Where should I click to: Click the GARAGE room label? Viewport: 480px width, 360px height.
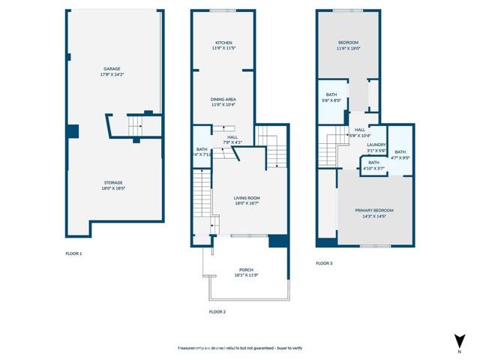112,69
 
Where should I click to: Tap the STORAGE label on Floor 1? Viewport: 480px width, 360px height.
113,182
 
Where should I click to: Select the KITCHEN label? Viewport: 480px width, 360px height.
223,43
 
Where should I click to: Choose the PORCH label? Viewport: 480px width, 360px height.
247,270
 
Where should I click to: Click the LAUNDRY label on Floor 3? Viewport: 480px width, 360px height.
376,145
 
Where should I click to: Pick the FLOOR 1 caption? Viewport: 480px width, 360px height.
73,253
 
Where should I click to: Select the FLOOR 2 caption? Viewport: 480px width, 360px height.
217,311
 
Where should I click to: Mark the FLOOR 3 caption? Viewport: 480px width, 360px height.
324,263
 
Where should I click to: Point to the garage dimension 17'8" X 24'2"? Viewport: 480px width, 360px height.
112,74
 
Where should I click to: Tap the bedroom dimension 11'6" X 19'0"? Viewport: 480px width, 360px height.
347,49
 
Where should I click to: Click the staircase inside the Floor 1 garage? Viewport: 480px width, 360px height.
136,125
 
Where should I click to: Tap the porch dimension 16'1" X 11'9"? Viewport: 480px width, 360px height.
247,275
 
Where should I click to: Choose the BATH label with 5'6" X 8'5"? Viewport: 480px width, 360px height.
331,94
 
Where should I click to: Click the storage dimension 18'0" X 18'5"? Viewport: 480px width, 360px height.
113,187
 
